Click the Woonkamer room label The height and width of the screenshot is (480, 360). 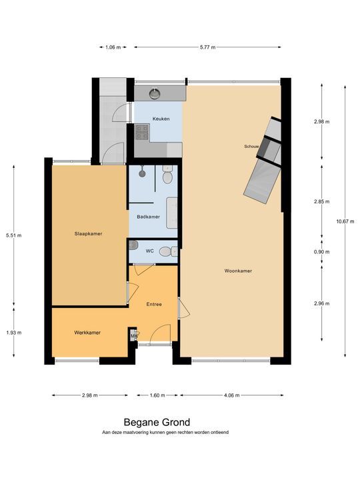238,271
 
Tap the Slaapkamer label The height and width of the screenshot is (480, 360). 88,233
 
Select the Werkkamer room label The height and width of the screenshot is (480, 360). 87,333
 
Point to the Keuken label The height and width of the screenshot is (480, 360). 161,119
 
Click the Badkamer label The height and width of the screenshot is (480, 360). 149,217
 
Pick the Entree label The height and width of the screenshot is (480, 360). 154,304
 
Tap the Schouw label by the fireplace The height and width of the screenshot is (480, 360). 251,146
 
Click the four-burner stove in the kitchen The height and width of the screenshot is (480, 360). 142,132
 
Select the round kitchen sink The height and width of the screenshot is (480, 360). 155,93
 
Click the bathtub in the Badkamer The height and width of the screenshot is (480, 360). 172,213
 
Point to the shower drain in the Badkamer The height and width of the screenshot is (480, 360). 142,173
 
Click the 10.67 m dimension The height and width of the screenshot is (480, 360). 345,221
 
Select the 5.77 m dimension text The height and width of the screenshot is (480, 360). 207,47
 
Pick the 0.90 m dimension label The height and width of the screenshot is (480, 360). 322,252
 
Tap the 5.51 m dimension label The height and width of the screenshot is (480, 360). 14,235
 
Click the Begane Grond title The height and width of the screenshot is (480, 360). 157,423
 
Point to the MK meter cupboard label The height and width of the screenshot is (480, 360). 134,336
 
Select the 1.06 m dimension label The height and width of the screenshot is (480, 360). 113,47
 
